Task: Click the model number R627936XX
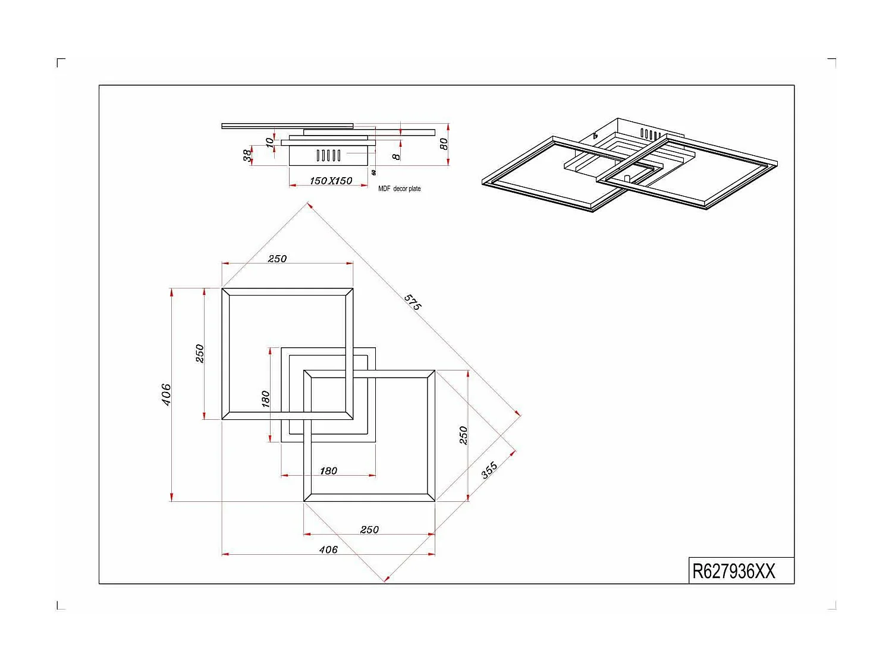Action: tap(733, 571)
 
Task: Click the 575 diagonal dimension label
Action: tap(413, 302)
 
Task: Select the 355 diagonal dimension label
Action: tap(489, 470)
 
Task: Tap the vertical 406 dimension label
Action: tap(167, 395)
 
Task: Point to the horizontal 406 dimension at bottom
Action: tap(328, 549)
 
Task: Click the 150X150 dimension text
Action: tap(331, 181)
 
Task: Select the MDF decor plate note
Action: tap(399, 189)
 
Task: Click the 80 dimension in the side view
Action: tap(443, 144)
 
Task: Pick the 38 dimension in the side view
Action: tap(247, 155)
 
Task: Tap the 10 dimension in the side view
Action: tap(269, 142)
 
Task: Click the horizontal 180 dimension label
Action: tap(328, 470)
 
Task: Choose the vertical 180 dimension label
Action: tap(265, 398)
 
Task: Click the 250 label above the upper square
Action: tap(277, 259)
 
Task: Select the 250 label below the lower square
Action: tap(369, 529)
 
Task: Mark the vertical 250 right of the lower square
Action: tap(463, 435)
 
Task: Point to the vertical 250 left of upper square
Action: tap(200, 353)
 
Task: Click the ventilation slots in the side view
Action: tap(328, 156)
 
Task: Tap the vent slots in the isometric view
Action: tap(649, 134)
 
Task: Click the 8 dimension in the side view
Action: tap(396, 156)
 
